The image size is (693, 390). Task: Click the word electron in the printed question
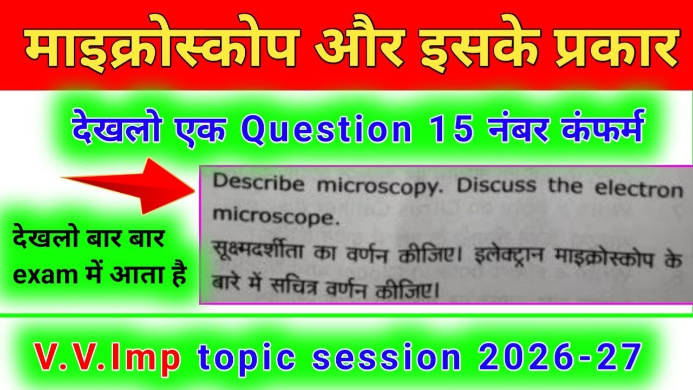[639, 190]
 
